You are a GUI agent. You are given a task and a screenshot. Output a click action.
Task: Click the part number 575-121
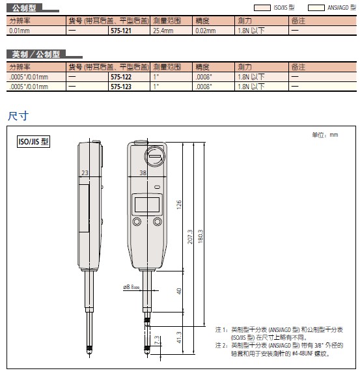pos(121,31)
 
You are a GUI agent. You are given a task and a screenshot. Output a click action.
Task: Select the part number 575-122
pos(121,77)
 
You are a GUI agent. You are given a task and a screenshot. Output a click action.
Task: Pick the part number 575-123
pos(121,87)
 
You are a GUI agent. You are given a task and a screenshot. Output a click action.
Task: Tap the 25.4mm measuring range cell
pos(163,31)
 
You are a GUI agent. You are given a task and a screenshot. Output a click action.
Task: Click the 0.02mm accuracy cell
pos(206,31)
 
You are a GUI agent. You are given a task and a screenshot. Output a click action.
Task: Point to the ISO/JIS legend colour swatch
pos(262,8)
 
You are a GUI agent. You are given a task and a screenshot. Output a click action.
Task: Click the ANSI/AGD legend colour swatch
pos(316,8)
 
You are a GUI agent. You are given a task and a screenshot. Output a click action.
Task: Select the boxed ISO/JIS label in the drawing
pos(33,141)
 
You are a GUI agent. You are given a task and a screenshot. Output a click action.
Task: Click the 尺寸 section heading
pos(18,116)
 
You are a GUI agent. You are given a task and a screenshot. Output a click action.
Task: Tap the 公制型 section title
pos(24,8)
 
